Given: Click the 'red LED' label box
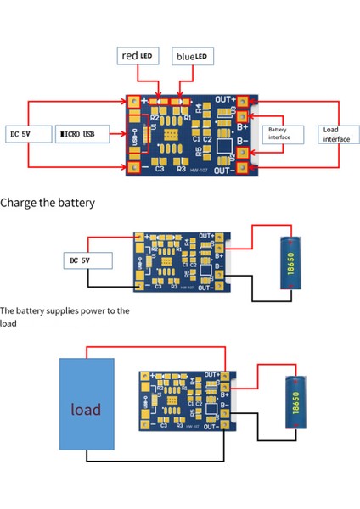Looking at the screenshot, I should click(135, 56).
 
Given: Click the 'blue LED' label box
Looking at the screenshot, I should click(192, 56).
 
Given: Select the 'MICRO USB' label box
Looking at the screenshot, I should click(84, 134).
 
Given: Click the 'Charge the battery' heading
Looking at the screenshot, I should click(48, 203).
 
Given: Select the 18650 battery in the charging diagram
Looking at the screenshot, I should click(291, 264).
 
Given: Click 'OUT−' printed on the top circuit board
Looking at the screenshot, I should click(226, 171).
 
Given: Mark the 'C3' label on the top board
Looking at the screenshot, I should click(160, 168).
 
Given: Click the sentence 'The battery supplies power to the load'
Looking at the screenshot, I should click(65, 316).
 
